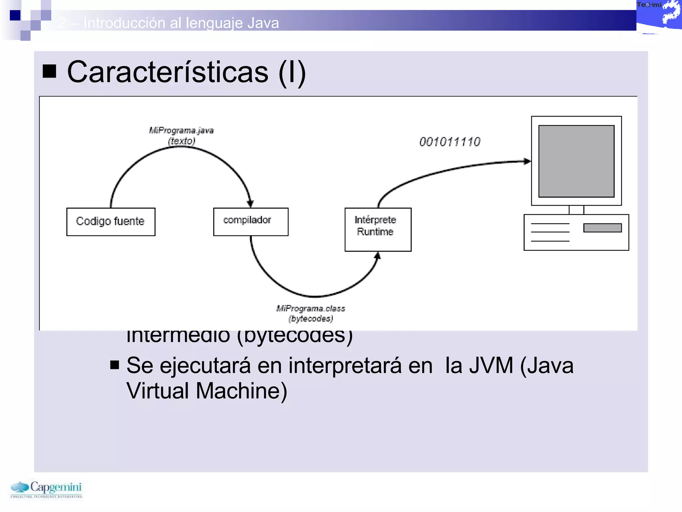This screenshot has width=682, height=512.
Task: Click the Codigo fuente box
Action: [x=111, y=222]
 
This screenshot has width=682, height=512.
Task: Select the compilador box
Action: [x=250, y=222]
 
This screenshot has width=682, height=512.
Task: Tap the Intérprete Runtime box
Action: [x=378, y=229]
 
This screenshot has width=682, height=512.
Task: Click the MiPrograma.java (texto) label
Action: [x=181, y=135]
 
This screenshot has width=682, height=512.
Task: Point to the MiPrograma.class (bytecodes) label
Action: [x=311, y=313]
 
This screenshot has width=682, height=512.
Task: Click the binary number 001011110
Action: [x=450, y=142]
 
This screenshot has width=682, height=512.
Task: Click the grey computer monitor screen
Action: [x=576, y=161]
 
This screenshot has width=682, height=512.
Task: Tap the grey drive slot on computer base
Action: [x=602, y=228]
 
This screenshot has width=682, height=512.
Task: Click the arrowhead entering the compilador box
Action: [x=250, y=203]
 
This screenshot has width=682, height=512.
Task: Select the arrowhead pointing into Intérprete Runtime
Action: [x=377, y=256]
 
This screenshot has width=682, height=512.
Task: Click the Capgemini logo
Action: [x=46, y=489]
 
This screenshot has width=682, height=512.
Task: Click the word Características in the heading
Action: [x=168, y=72]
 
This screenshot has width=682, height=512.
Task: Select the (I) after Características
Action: [x=292, y=72]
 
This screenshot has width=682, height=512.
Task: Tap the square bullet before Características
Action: [x=49, y=71]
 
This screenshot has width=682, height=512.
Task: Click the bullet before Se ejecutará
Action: [x=115, y=365]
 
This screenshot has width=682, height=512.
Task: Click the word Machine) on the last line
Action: [x=241, y=391]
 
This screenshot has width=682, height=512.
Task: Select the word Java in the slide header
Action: [x=263, y=23]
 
